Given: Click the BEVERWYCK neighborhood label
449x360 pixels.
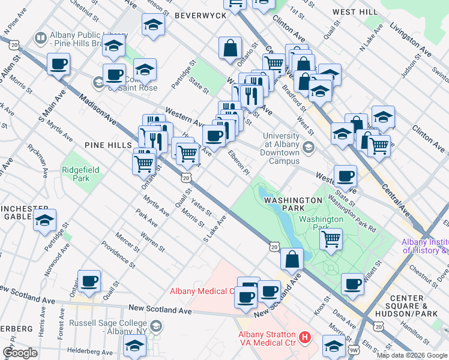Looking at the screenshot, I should [x=200, y=15].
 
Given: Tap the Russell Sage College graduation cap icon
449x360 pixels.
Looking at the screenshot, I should [x=156, y=327].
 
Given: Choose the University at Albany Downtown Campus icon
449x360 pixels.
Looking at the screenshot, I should [x=309, y=148].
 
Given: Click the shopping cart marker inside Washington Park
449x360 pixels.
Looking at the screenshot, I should [x=331, y=239].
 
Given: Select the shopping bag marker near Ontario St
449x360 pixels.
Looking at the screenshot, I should [x=231, y=48].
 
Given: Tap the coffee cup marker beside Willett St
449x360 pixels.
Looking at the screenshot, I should [x=353, y=283].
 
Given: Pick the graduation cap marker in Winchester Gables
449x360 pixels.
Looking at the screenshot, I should [x=44, y=220].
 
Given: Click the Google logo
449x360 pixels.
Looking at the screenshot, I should [x=20, y=353].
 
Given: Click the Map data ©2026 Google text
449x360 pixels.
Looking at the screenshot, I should [x=411, y=355].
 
